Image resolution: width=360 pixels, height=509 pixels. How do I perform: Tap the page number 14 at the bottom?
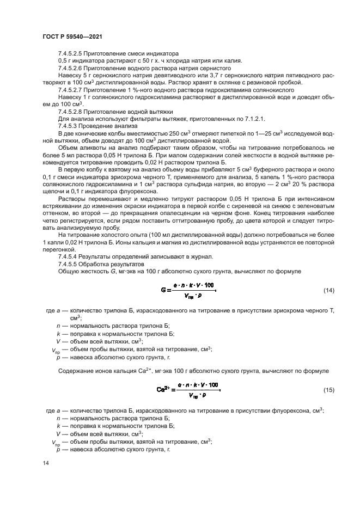(x=45, y=463)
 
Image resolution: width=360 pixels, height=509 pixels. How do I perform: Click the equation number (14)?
(x=328, y=290)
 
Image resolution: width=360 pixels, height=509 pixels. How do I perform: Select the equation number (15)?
(x=328, y=390)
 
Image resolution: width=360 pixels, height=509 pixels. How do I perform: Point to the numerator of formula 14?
(x=194, y=285)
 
